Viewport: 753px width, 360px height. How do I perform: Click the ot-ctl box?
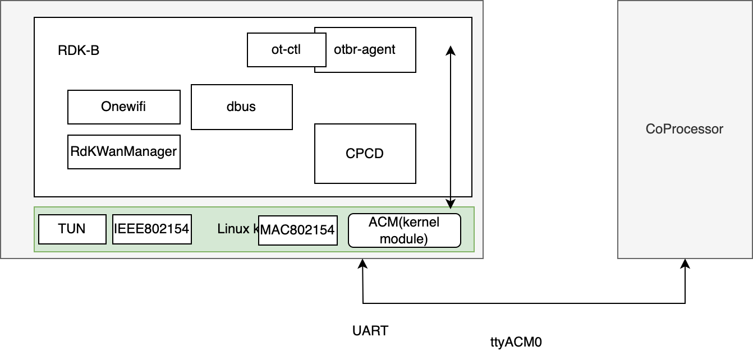point(286,50)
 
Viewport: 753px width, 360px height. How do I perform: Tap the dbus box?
point(241,107)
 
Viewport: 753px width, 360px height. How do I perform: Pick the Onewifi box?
point(123,107)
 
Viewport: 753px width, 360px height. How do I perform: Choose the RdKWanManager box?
point(123,151)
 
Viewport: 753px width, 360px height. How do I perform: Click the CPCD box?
point(365,154)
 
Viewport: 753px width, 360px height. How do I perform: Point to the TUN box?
point(72,229)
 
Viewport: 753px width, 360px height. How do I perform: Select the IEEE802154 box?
point(151,229)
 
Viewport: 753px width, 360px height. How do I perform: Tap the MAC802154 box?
point(298,230)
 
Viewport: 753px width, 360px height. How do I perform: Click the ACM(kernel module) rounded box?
point(404,230)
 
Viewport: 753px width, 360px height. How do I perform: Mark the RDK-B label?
point(79,50)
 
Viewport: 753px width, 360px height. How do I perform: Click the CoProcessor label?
point(685,129)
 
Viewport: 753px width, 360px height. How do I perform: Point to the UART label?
point(370,331)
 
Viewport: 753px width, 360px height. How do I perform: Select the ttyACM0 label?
point(516,341)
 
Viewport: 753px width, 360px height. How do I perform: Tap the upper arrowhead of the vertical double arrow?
point(450,50)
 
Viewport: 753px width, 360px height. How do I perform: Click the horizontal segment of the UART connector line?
point(522,303)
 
